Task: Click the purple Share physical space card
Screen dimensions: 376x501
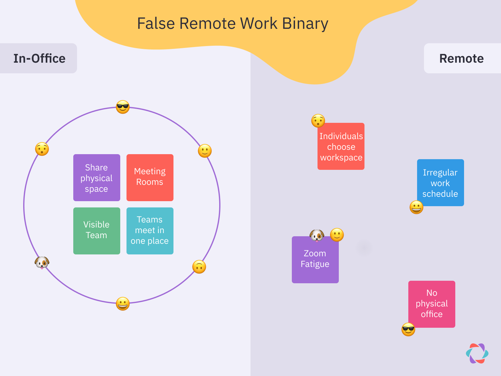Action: pyautogui.click(x=96, y=178)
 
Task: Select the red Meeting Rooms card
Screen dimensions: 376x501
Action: pyautogui.click(x=150, y=178)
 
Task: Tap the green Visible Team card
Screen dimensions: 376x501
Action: pyautogui.click(x=96, y=231)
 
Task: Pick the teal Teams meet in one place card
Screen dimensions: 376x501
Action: pyautogui.click(x=150, y=231)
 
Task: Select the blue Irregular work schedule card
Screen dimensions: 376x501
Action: pyautogui.click(x=440, y=183)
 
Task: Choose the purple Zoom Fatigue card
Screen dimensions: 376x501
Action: pyautogui.click(x=315, y=260)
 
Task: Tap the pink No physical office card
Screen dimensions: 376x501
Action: pyautogui.click(x=432, y=304)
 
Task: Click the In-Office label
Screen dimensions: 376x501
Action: pyautogui.click(x=39, y=59)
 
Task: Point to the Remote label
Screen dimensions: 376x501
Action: pyautogui.click(x=461, y=59)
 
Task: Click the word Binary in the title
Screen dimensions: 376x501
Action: pyautogui.click(x=305, y=24)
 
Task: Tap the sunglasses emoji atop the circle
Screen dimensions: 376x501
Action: pyautogui.click(x=123, y=107)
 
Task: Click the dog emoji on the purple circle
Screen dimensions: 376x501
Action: pyautogui.click(x=42, y=262)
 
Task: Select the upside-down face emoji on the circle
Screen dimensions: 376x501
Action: pyautogui.click(x=199, y=267)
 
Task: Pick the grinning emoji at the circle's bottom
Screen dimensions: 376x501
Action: pyautogui.click(x=123, y=304)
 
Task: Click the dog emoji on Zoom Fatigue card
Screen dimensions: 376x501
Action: pyautogui.click(x=317, y=235)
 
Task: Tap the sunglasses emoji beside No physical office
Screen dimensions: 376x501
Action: pyautogui.click(x=408, y=329)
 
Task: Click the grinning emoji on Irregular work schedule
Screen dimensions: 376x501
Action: pyautogui.click(x=416, y=207)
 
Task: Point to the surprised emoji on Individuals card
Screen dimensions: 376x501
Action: pyautogui.click(x=318, y=121)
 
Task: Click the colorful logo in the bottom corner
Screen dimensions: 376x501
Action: pyautogui.click(x=477, y=353)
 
